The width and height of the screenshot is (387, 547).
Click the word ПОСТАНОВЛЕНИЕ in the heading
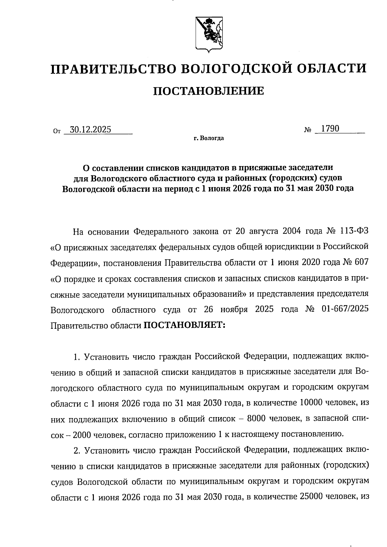(x=208, y=91)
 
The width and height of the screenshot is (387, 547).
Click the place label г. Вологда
(x=209, y=139)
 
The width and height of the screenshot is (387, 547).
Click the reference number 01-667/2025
(x=345, y=309)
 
